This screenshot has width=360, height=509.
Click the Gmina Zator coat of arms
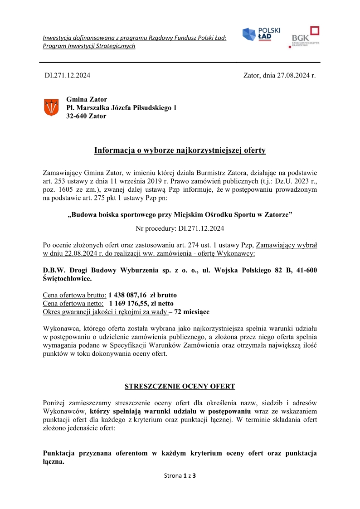coord(51,107)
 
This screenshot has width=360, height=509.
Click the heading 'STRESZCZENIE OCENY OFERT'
coord(180,386)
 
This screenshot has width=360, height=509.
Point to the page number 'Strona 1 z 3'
coord(180,475)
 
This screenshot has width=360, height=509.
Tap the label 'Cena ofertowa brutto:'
coord(75,295)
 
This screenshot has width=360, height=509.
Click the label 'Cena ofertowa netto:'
coord(73,303)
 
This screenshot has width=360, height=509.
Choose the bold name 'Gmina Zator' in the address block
coord(87,99)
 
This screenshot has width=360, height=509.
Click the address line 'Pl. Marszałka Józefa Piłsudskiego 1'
coord(122,108)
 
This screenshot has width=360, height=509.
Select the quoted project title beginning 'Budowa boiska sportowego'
coord(180,215)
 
